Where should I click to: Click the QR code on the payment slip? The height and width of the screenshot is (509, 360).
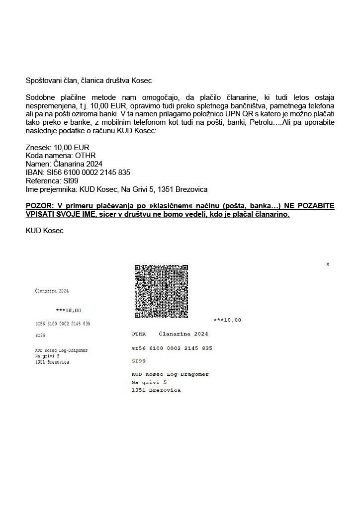coord(161,291)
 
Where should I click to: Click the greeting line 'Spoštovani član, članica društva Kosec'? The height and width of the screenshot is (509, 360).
coord(89,80)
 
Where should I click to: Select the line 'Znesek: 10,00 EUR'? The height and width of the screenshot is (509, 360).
coord(57,148)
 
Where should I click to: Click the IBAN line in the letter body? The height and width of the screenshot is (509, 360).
coord(78,172)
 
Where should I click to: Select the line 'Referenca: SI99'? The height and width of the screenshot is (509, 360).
coord(52,181)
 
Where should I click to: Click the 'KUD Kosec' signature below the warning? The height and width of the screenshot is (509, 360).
coord(44,231)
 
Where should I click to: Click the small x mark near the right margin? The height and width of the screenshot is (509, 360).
coord(327,264)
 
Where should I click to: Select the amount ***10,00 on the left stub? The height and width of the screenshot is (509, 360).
coord(68,310)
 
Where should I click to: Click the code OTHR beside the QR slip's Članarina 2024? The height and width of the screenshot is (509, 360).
coord(139,334)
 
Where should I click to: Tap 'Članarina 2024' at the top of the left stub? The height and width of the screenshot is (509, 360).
coord(52,290)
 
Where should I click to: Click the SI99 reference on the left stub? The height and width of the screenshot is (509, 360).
coord(40,336)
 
